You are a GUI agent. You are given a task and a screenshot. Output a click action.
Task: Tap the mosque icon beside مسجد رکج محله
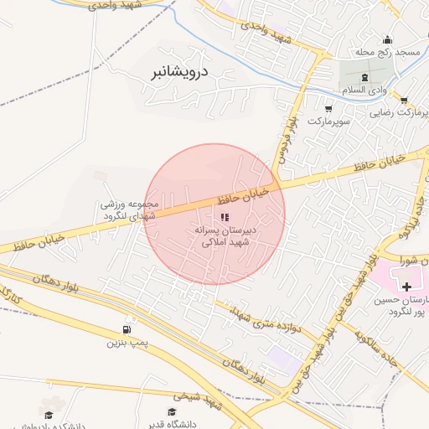(x=387, y=39)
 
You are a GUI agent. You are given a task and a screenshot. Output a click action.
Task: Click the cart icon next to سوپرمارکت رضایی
(x=403, y=100)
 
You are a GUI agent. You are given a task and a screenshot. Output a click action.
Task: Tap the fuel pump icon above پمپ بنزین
(x=127, y=329)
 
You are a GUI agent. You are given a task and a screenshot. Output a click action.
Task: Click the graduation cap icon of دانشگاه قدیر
(x=173, y=412)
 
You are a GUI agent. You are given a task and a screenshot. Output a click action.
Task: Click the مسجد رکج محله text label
(x=397, y=53)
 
